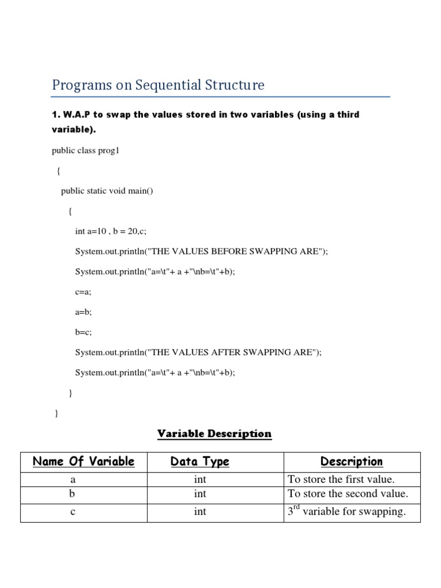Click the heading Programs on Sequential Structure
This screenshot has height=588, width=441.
(158, 86)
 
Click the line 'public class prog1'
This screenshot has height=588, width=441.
(85, 151)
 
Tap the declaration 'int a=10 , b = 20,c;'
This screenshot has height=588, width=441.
(115, 231)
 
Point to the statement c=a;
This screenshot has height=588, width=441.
(83, 292)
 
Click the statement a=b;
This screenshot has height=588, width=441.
(83, 312)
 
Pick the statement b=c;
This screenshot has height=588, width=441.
(83, 332)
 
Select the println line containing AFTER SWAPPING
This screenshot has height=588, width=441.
(198, 353)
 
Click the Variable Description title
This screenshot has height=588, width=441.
(214, 434)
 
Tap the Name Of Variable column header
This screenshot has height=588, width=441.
(84, 462)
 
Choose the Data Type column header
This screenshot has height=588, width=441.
(200, 462)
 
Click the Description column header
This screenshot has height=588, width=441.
(351, 462)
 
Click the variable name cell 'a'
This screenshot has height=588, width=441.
(73, 479)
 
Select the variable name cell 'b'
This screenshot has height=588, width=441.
(73, 494)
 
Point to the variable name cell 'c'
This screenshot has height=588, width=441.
(73, 512)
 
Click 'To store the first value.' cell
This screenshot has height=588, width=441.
(342, 479)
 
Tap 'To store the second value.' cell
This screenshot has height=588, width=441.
(348, 494)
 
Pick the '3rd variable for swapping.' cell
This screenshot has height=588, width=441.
(347, 512)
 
